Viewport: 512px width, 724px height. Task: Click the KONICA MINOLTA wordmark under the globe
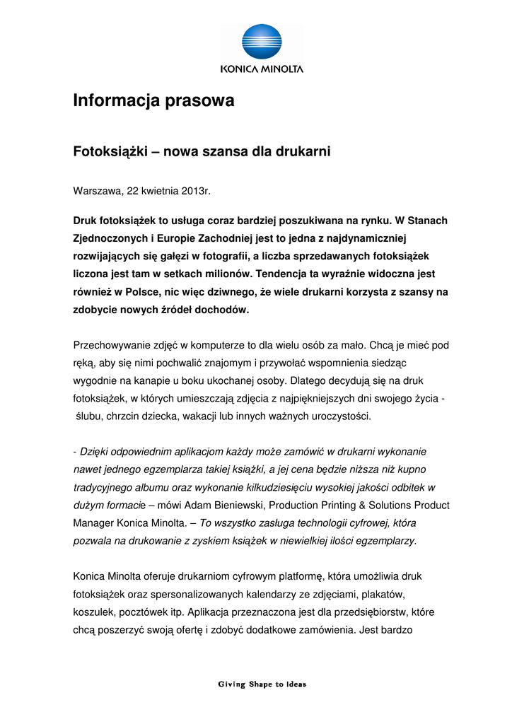click(x=262, y=69)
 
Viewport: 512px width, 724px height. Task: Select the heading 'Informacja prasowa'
click(x=153, y=101)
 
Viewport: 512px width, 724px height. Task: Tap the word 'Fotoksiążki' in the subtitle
click(x=109, y=151)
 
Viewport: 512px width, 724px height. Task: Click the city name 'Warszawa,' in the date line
click(x=98, y=191)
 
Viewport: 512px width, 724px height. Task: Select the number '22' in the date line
click(x=133, y=191)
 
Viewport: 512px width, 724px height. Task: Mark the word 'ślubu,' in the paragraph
click(x=90, y=416)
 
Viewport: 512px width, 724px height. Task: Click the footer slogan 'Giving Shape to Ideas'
click(x=262, y=684)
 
